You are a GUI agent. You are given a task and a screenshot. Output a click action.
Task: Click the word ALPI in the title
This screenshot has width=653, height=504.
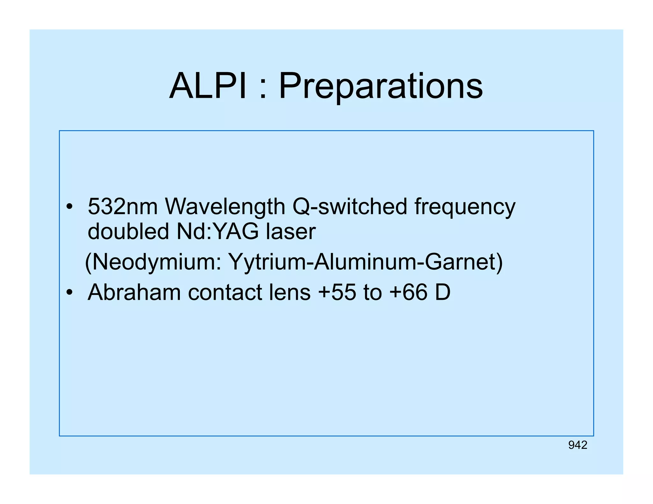click(x=208, y=86)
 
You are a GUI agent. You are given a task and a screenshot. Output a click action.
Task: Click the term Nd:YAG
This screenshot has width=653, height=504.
click(x=217, y=231)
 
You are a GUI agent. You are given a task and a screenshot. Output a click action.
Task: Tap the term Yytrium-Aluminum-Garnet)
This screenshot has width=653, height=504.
click(x=365, y=262)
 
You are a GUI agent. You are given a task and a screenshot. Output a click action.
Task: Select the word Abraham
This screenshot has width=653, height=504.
click(x=134, y=292)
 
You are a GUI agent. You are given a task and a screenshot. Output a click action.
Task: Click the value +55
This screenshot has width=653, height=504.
click(x=337, y=292)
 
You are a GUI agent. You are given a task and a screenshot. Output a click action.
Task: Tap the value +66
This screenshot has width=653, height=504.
click(x=408, y=292)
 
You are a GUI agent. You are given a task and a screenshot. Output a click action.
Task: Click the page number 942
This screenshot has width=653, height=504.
click(x=577, y=445)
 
